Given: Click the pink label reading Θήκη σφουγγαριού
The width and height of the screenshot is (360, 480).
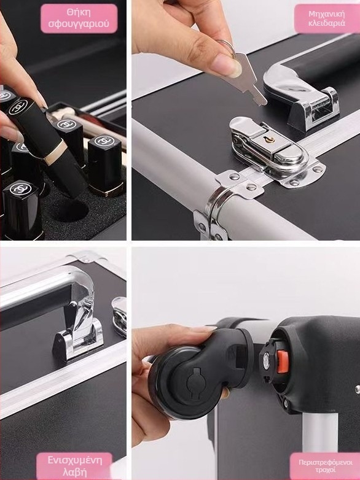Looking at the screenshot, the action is [x=79, y=18].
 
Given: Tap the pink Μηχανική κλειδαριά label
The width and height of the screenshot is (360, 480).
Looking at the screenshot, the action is [x=327, y=18].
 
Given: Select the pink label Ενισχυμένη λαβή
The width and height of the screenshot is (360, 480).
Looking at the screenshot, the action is [x=74, y=466].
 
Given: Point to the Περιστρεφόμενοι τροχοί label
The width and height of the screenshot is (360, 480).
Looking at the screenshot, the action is [x=325, y=466].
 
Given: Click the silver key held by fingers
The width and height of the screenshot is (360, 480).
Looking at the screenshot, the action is [x=245, y=80].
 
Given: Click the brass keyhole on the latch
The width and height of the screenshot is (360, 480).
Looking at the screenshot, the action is [x=270, y=140].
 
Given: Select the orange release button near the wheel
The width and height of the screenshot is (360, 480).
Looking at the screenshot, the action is [x=283, y=362].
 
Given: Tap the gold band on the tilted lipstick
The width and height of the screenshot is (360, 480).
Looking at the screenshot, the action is [x=56, y=153].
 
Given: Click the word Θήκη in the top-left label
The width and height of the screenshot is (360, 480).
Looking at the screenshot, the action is [x=79, y=12].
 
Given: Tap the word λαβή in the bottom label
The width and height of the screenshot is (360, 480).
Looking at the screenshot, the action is [x=74, y=472].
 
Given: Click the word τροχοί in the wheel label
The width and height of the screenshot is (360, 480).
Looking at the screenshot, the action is [x=325, y=470].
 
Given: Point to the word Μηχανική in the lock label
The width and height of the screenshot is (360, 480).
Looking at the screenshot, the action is [x=327, y=14].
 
